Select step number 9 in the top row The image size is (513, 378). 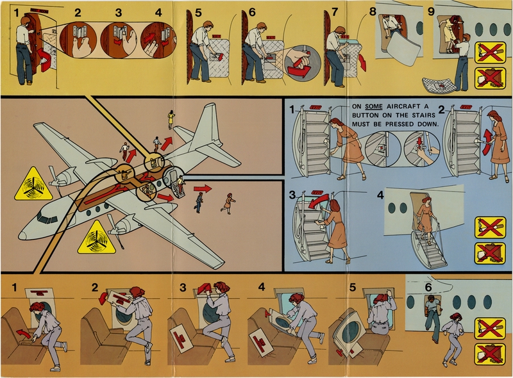pyautogui.click(x=431, y=11)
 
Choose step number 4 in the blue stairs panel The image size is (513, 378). pyautogui.click(x=381, y=195)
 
